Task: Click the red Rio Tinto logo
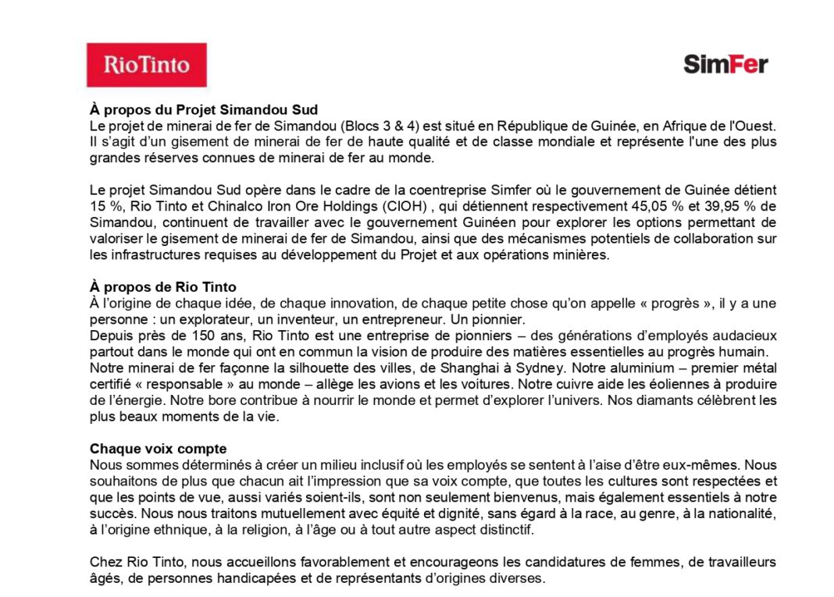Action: pos(146,65)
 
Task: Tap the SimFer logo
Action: pos(725,64)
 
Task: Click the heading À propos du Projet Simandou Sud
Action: pos(204,110)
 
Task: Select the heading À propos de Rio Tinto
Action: pos(162,287)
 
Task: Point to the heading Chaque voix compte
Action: pos(158,449)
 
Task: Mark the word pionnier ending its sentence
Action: pos(497,319)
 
